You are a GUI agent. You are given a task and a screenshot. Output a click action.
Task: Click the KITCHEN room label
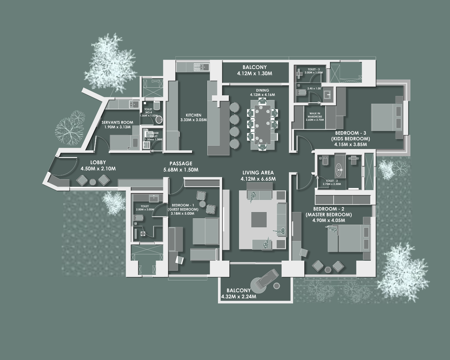193,115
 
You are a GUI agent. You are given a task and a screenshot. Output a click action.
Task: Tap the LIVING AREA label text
258,173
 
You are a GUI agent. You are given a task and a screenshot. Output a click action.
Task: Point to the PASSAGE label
181,164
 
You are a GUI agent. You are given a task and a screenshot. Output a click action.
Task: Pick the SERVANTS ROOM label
117,122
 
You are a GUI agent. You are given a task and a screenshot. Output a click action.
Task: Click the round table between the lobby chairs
93,181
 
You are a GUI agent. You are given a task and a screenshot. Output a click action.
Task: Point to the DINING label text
262,90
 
